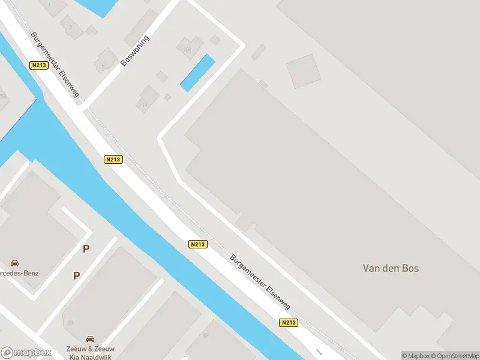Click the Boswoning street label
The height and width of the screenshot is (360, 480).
[134, 50]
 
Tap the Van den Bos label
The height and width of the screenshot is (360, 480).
[391, 268]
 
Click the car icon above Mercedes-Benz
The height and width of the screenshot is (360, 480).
[14, 263]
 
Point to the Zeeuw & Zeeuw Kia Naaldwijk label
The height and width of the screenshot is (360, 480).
[90, 353]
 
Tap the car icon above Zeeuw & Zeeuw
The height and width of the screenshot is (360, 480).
[90, 338]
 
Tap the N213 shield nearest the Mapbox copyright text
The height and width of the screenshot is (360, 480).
[288, 323]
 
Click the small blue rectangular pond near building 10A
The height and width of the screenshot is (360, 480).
[197, 73]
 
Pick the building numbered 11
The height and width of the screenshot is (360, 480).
[147, 99]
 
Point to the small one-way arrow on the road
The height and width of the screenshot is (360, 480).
[320, 352]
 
